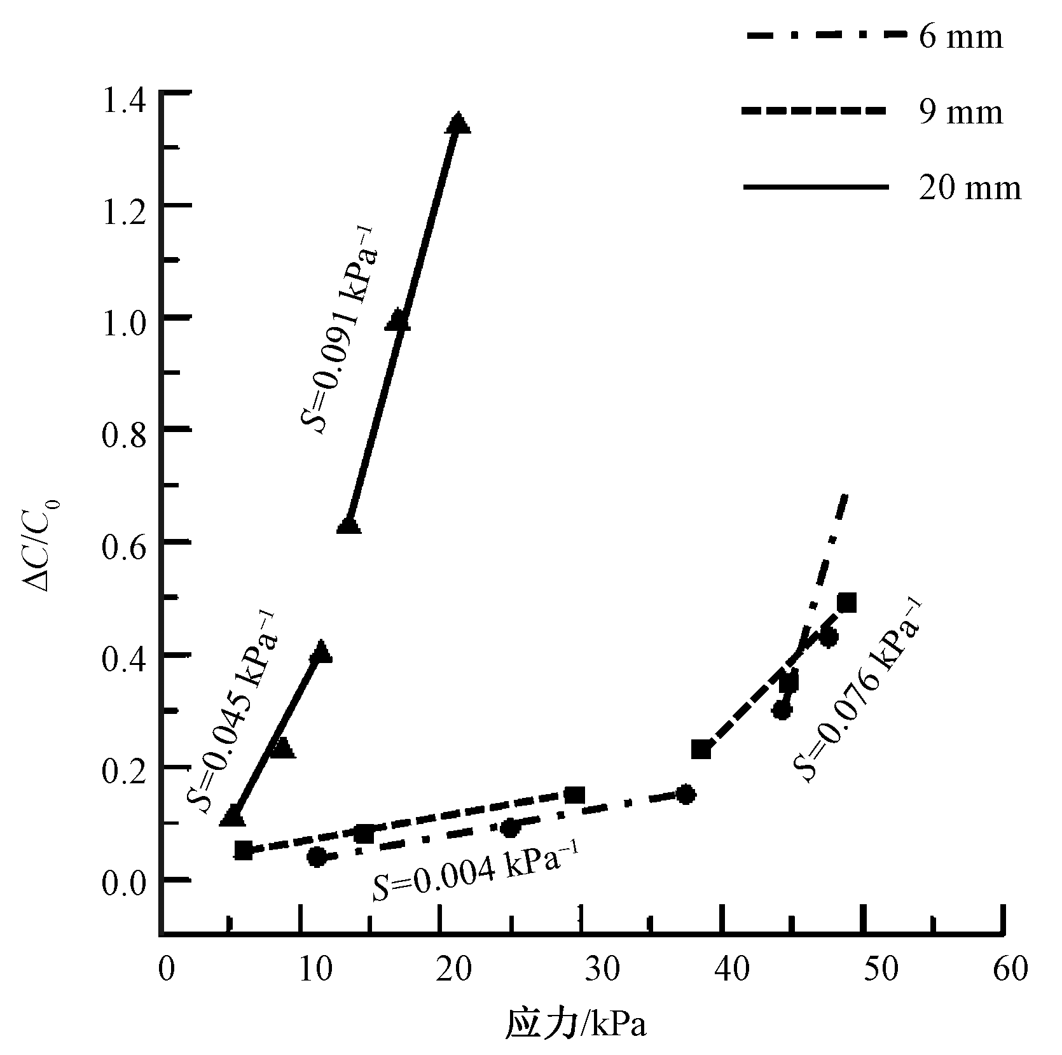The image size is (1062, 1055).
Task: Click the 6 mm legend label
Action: point(960,38)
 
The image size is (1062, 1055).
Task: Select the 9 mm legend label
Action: point(960,113)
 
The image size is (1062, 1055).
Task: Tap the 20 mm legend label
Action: point(969,188)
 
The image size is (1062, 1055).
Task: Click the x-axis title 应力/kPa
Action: point(576,1026)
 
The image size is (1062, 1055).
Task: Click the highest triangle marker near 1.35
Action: point(458,123)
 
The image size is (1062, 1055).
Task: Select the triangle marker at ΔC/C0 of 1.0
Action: point(398,320)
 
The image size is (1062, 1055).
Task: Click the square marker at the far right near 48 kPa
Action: point(846,602)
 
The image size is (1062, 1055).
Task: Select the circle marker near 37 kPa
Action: point(686,795)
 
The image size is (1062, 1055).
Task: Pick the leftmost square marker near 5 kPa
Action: point(244,850)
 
